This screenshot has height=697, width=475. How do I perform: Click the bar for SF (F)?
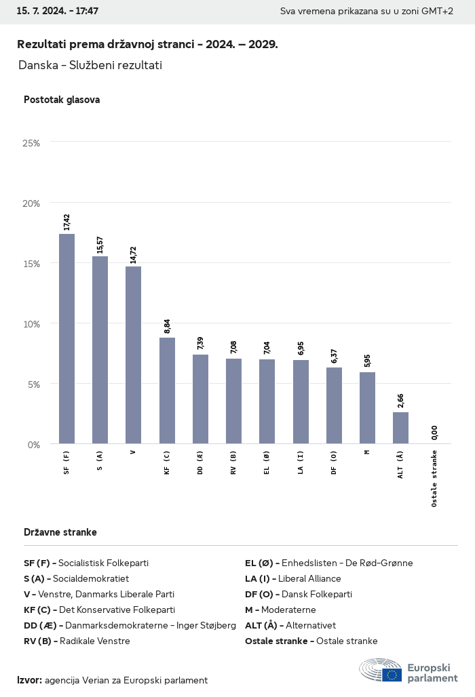(66, 339)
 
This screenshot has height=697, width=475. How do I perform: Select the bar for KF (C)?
(167, 391)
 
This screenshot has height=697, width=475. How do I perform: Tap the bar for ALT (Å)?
(400, 428)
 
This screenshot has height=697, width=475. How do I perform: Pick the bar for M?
(367, 408)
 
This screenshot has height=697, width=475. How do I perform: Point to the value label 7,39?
(200, 343)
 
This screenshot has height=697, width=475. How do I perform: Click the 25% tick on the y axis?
(31, 143)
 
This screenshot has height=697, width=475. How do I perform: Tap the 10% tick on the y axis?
(31, 324)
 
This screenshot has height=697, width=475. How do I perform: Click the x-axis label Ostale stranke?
(434, 479)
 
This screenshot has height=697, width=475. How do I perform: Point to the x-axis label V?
(133, 452)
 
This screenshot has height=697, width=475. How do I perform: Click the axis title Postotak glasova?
(62, 100)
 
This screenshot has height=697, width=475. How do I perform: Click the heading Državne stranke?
(60, 532)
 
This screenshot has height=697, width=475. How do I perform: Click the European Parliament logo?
(408, 671)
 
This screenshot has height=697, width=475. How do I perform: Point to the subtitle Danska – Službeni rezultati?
(90, 65)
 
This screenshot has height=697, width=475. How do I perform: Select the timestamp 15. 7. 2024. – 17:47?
(58, 12)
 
